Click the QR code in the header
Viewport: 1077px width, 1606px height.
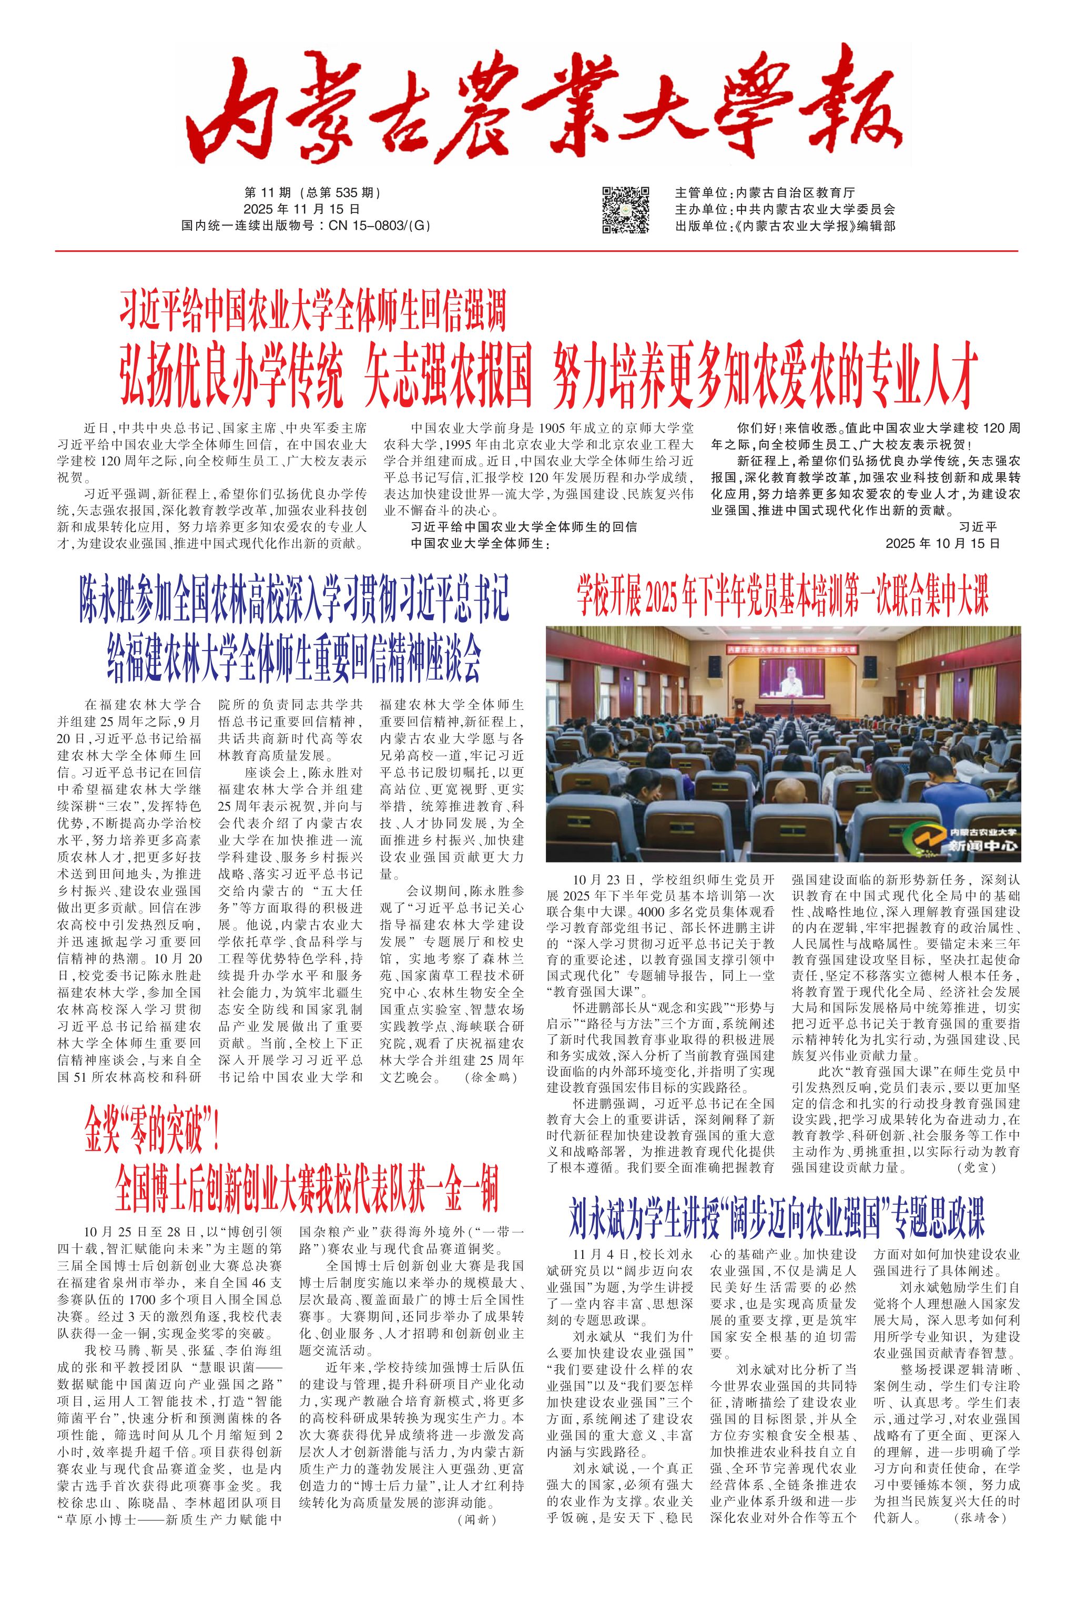(x=626, y=209)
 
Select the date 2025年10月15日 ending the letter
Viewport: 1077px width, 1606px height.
(x=942, y=543)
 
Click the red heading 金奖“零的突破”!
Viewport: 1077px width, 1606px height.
(x=152, y=1135)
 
